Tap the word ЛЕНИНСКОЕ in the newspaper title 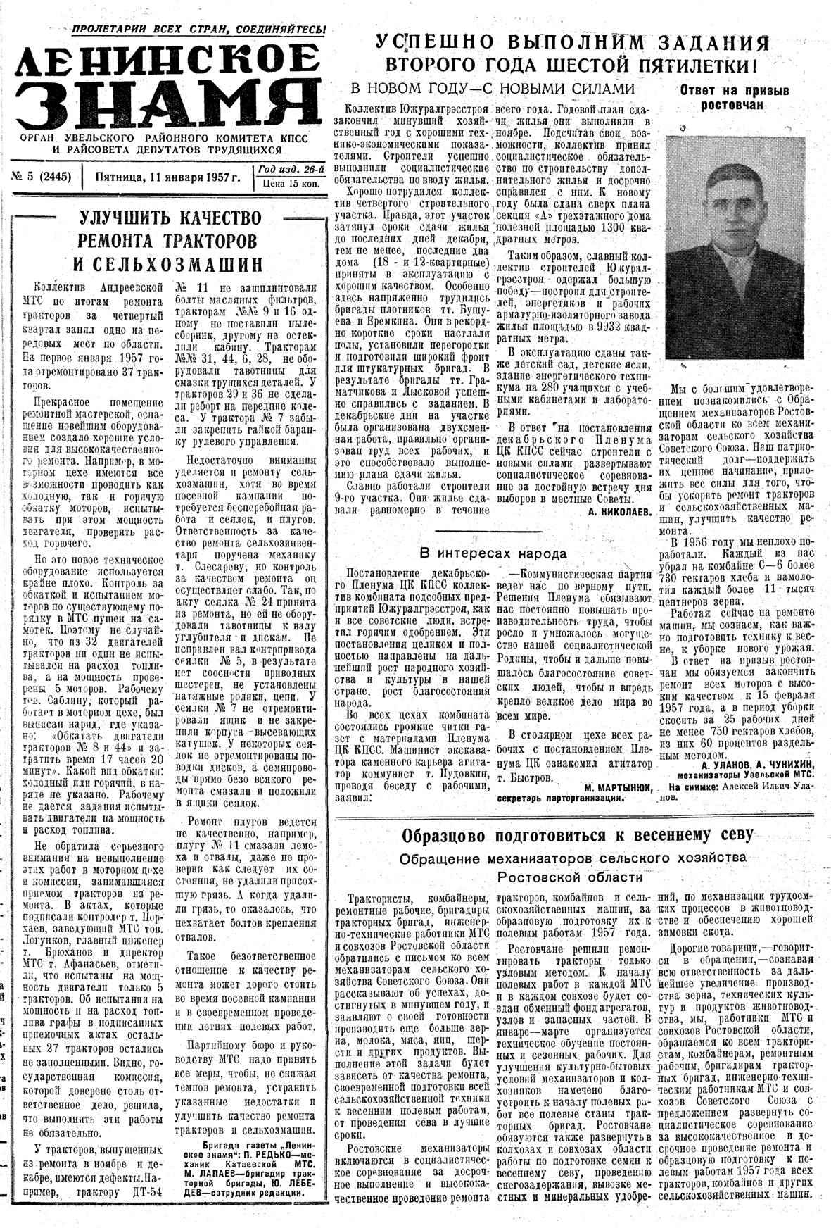(167, 61)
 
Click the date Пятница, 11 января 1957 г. (167, 176)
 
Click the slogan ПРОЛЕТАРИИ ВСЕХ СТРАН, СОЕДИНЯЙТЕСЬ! (199, 29)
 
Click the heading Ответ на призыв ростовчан (734, 98)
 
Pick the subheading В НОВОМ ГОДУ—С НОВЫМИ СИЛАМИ (493, 89)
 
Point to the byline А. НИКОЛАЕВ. (619, 513)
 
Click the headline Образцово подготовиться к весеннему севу (577, 836)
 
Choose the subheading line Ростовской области (570, 877)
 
